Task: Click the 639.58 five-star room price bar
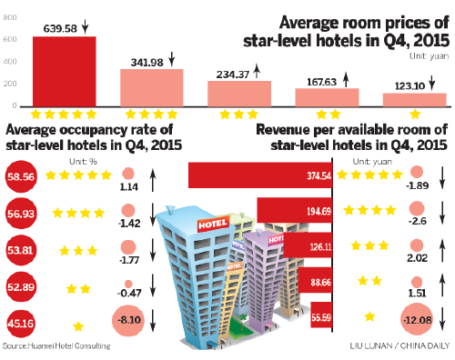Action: pos(64,72)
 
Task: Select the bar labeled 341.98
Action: pos(151,88)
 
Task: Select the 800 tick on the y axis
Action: pos(9,17)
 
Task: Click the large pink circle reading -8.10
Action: pos(131,321)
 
